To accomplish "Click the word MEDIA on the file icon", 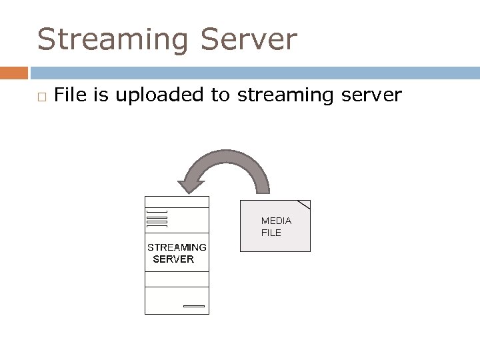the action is point(276,220).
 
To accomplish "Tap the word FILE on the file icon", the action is point(271,233).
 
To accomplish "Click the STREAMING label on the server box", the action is point(177,247).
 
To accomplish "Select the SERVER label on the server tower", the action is point(173,259).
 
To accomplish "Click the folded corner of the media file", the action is point(304,204).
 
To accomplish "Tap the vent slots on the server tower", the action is point(156,217).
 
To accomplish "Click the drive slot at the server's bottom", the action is point(194,306).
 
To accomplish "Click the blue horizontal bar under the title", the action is point(253,72).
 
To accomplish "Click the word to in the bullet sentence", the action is point(220,96).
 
